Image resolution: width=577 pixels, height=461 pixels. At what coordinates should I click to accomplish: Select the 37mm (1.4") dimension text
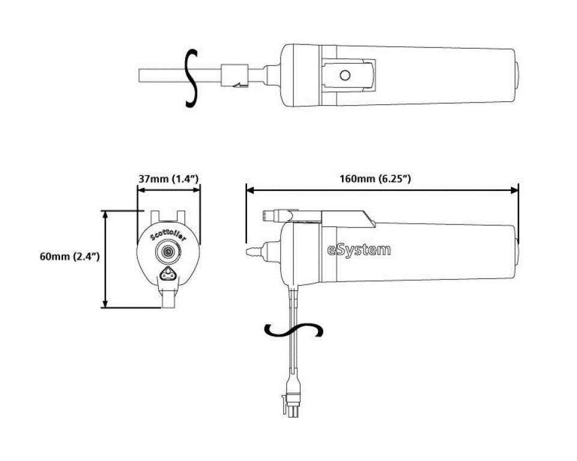[x=169, y=179]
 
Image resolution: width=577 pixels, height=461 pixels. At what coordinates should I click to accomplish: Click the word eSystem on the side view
[x=359, y=249]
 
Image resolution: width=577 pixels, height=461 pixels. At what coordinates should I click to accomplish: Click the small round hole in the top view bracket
[x=344, y=76]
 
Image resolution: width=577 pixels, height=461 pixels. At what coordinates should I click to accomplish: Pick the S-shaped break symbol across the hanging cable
[x=295, y=330]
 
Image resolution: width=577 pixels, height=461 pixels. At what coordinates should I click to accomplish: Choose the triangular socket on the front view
[x=169, y=276]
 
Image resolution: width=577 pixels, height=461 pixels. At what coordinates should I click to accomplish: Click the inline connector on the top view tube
[x=234, y=76]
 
